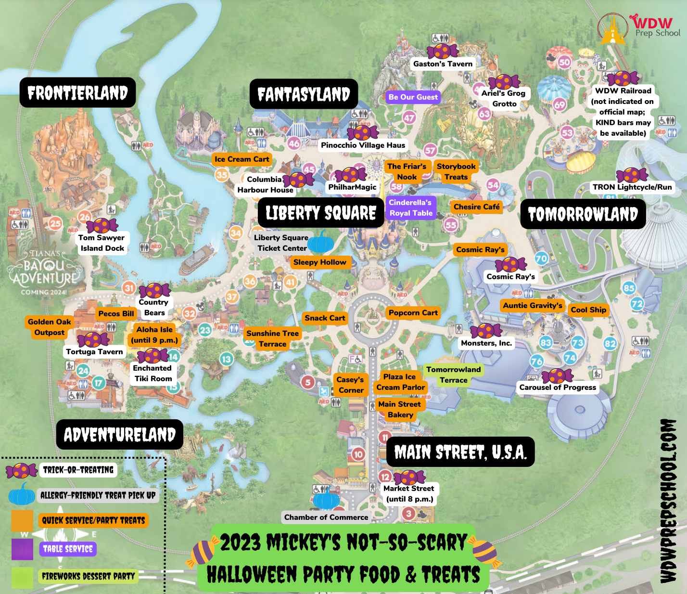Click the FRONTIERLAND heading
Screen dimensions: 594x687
77,92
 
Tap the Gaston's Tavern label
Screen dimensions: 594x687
443,64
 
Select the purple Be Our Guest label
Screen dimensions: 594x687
413,97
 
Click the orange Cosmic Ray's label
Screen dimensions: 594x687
480,250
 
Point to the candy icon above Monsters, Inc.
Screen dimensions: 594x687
486,331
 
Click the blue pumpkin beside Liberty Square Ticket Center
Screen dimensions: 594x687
320,242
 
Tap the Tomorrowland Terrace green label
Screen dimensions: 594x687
453,375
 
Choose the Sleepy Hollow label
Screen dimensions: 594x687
319,262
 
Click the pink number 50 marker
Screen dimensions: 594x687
564,62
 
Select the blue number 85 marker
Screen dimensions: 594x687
629,288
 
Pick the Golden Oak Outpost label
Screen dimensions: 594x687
49,327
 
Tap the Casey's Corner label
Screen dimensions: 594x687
350,385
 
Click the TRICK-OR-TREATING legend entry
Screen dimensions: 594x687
78,470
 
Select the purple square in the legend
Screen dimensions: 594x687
22,549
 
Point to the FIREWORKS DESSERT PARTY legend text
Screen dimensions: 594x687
88,576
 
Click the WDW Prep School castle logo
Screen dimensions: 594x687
612,29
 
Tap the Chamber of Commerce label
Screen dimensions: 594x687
326,517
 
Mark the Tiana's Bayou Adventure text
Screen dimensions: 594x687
44,272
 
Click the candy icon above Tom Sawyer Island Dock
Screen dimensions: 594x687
102,225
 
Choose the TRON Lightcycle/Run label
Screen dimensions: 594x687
632,187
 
